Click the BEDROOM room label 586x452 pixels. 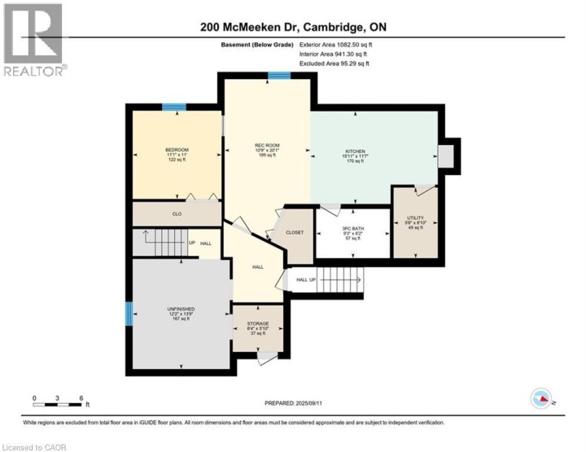pyautogui.click(x=177, y=150)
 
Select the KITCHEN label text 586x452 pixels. pyautogui.click(x=354, y=151)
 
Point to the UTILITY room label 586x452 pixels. pyautogui.click(x=416, y=217)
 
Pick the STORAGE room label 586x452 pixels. pyautogui.click(x=258, y=324)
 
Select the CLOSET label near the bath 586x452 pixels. pyautogui.click(x=295, y=233)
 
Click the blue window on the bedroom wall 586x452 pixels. pyautogui.click(x=173, y=107)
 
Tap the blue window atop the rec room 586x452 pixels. pyautogui.click(x=280, y=76)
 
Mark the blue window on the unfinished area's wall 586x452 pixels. pyautogui.click(x=128, y=314)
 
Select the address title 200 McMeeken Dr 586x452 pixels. pyautogui.click(x=292, y=28)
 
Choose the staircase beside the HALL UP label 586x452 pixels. pyautogui.click(x=340, y=281)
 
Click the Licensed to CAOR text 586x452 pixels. pyautogui.click(x=35, y=446)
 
